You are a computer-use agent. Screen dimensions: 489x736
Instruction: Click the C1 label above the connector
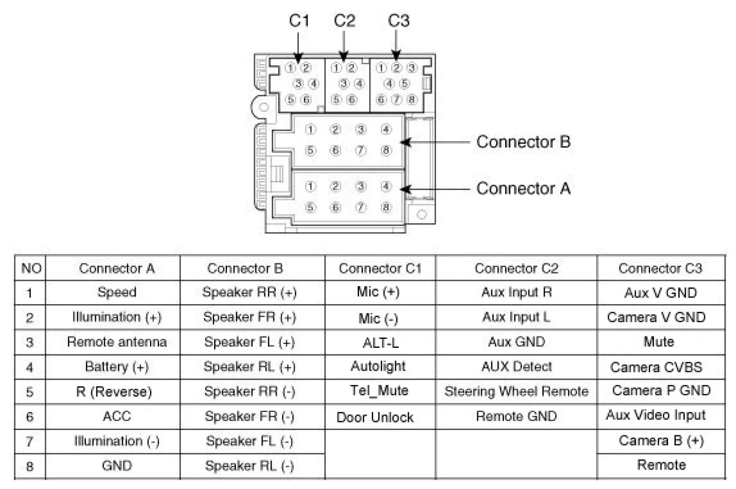[x=299, y=21]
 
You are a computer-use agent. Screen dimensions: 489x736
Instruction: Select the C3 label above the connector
[x=399, y=21]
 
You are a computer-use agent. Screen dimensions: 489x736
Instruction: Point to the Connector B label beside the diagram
[x=523, y=142]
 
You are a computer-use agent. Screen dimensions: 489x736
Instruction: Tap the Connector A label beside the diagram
[x=523, y=189]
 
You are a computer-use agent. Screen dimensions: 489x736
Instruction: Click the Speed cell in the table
[x=117, y=292]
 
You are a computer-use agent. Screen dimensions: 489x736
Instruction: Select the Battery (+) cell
[x=117, y=367]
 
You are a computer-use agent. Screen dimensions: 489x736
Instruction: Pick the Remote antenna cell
[x=117, y=342]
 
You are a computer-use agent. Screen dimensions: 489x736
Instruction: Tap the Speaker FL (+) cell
[x=249, y=342]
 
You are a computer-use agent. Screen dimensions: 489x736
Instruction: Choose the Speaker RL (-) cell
[x=249, y=466]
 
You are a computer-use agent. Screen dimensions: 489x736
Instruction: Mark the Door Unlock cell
[x=375, y=418]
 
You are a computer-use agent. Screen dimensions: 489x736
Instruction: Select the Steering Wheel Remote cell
[x=516, y=391]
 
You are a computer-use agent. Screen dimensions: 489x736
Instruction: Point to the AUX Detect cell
[x=516, y=367]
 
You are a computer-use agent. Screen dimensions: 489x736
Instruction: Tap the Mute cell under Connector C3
[x=658, y=342]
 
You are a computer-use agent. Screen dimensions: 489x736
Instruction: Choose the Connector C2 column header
[x=516, y=269]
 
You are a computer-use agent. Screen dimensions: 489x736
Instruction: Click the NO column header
[x=28, y=269]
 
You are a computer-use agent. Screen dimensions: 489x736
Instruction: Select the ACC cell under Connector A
[x=117, y=416]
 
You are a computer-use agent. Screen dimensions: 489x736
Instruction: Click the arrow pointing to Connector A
[x=435, y=189]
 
